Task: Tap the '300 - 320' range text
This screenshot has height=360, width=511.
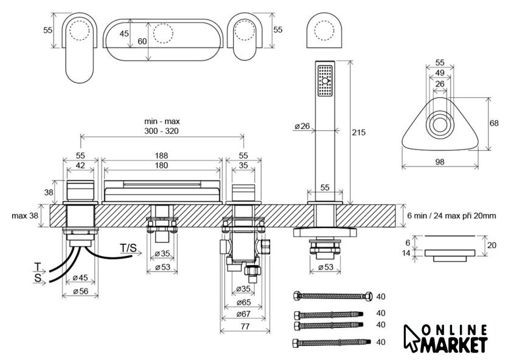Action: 162,131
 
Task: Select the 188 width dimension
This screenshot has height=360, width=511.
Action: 162,155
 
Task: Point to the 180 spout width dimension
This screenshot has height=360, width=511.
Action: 162,165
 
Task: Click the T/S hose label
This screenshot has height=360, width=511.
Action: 127,248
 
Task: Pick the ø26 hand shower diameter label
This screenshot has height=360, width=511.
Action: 302,126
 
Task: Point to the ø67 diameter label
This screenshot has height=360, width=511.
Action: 243,314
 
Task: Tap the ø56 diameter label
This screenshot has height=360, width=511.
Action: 80,291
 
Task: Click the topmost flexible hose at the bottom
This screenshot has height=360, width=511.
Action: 331,296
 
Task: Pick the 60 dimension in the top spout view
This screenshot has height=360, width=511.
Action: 142,41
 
